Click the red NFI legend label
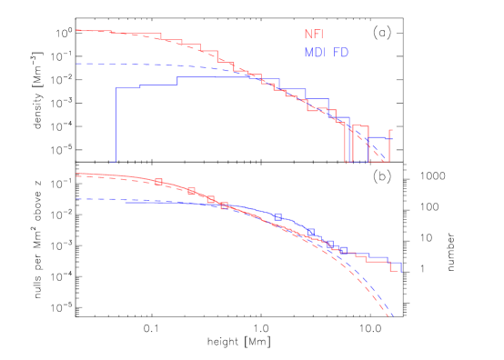tap(314, 35)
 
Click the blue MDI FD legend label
tap(327, 53)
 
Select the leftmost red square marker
tap(158, 182)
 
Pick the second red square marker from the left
tap(191, 191)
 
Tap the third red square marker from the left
tap(210, 199)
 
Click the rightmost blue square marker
tap(343, 250)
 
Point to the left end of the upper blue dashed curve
tap(77, 64)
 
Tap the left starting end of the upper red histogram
tap(78, 30)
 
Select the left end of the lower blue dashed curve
tap(77, 198)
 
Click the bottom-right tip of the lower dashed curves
tap(391, 316)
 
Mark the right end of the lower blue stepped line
tap(400, 266)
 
